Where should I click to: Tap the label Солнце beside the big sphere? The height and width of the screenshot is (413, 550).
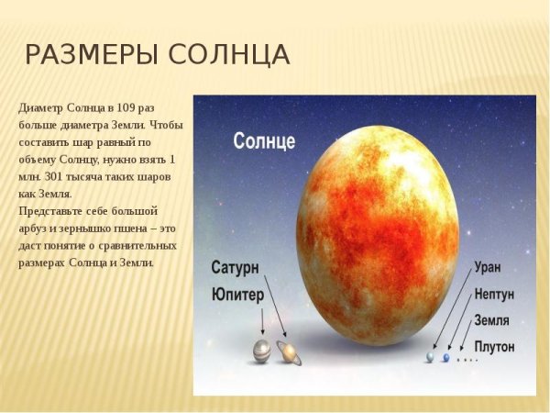[264, 142]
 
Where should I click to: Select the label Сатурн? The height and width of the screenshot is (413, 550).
[236, 268]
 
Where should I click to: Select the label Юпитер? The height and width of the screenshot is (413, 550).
[237, 295]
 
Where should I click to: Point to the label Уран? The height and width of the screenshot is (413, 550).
[488, 269]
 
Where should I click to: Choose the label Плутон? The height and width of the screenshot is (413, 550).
[495, 347]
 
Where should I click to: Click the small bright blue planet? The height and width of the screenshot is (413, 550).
[446, 358]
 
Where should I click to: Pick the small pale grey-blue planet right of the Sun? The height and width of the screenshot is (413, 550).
[429, 357]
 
